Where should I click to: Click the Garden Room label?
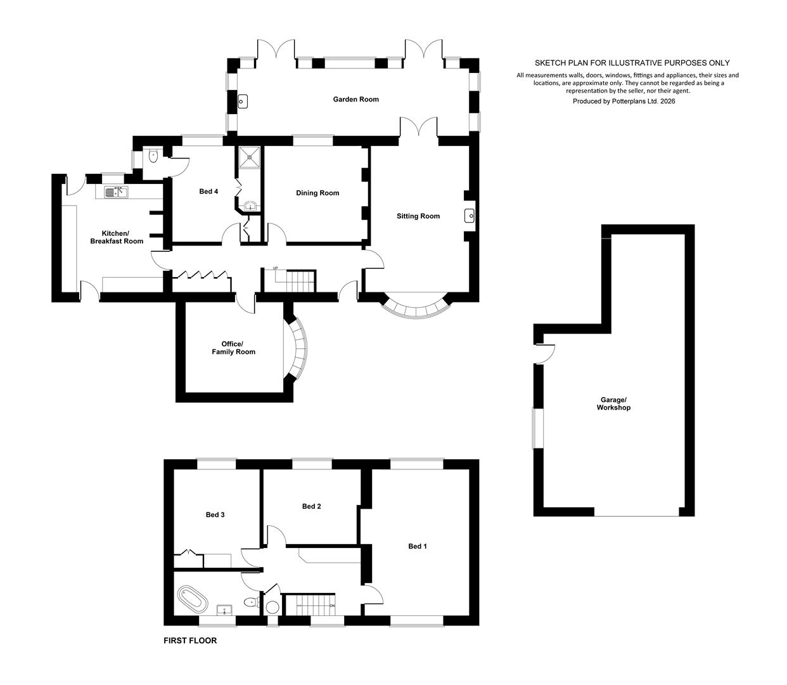[x=355, y=100]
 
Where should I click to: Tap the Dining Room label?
[x=317, y=193]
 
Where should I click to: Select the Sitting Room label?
[x=418, y=216]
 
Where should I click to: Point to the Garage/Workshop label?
[x=613, y=403]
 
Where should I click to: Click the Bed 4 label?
[x=208, y=192]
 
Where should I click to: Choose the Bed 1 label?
[x=418, y=546]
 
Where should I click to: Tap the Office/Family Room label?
[x=233, y=348]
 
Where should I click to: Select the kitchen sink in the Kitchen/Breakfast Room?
[x=115, y=192]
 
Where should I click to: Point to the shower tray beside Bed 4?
[x=249, y=157]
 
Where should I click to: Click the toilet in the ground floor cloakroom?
[x=153, y=157]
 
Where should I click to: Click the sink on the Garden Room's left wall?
[x=242, y=101]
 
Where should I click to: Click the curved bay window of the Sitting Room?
[x=418, y=308]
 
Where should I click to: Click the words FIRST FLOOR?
[x=190, y=641]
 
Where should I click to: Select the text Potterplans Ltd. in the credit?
[x=635, y=101]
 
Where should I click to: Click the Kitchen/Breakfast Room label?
[x=117, y=237]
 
